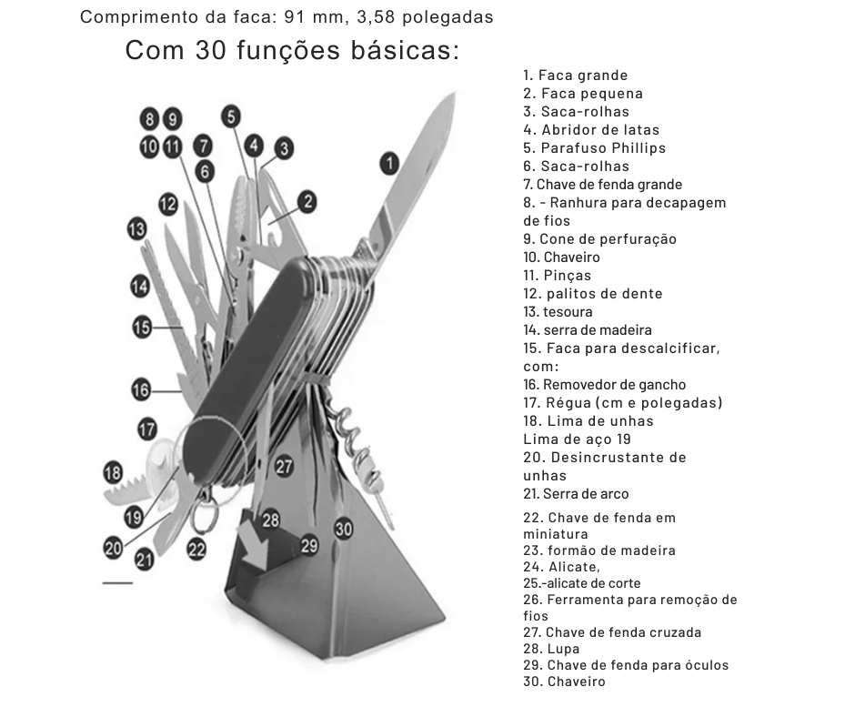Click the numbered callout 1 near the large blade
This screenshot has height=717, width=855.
click(389, 164)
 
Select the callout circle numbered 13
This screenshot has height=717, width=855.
click(136, 227)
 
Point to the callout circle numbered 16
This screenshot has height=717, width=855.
click(140, 390)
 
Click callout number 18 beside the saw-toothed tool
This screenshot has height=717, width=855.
click(113, 473)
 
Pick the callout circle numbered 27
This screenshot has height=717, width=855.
click(284, 466)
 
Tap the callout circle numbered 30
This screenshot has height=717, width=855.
click(343, 529)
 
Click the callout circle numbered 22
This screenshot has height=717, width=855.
click(196, 549)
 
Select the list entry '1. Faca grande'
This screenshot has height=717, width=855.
click(576, 76)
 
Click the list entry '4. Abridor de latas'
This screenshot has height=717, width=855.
click(591, 130)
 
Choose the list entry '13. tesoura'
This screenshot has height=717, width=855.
click(558, 312)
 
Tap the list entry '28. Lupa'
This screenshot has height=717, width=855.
click(551, 649)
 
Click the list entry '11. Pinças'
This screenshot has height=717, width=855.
click(557, 276)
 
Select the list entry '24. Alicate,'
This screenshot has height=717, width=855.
click(561, 567)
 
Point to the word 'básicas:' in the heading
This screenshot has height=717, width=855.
click(405, 50)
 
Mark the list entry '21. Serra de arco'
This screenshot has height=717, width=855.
click(576, 494)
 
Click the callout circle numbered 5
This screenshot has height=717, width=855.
click(231, 116)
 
